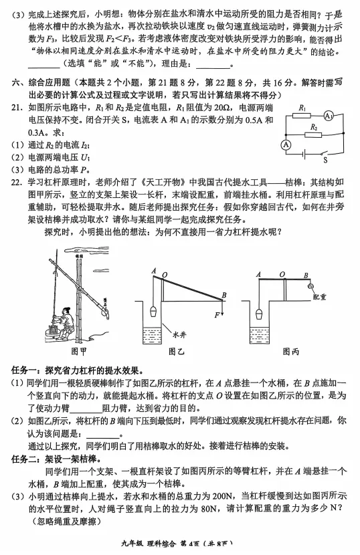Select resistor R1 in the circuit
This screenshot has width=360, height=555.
302,116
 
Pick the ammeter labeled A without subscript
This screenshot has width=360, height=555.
286,143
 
